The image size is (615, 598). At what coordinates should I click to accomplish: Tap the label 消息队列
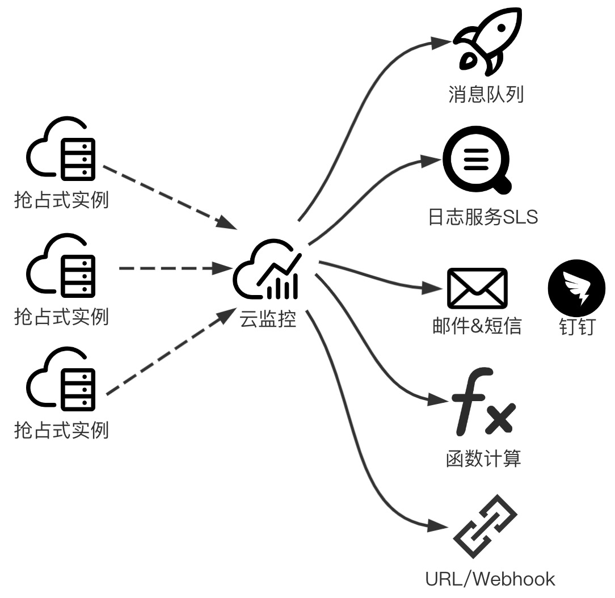tap(486, 94)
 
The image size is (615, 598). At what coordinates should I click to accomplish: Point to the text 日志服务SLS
tap(483, 217)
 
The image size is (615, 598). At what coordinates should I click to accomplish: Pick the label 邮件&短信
tap(477, 326)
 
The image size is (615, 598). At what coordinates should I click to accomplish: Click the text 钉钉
tap(577, 327)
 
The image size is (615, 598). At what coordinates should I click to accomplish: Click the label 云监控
tap(268, 319)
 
